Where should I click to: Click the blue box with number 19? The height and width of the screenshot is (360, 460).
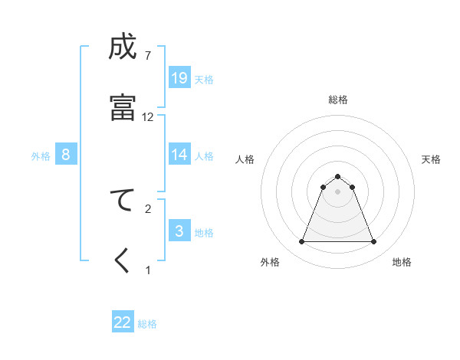(179, 78)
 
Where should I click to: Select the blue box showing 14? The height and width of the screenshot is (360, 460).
(179, 155)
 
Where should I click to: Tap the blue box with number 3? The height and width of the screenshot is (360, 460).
(179, 231)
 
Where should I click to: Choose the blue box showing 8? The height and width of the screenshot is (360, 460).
(66, 155)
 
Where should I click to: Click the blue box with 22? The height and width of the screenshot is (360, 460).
(123, 322)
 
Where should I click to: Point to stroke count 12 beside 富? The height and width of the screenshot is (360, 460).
(148, 117)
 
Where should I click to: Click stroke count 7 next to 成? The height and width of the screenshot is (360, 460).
(148, 55)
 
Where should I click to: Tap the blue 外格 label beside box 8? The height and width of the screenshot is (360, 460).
(41, 155)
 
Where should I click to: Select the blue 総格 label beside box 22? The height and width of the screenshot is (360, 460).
(147, 323)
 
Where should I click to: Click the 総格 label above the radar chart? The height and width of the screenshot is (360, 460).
(338, 100)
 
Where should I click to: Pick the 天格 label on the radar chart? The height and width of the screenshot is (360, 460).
(431, 159)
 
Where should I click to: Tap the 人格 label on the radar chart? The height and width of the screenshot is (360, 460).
(245, 159)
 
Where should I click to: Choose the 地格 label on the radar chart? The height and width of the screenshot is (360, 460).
(402, 262)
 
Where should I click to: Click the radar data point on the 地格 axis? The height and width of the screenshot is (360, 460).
(373, 242)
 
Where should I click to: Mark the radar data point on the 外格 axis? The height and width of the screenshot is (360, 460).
(301, 242)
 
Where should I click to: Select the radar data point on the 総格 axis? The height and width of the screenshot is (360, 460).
(337, 176)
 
